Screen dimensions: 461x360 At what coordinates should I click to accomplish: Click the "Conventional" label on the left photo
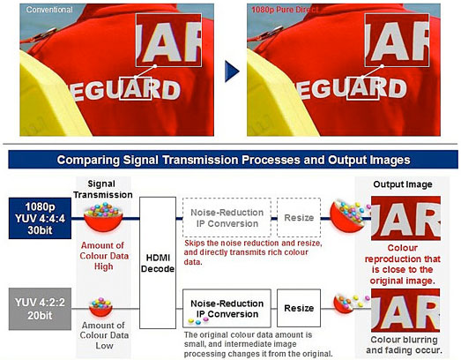[49, 10]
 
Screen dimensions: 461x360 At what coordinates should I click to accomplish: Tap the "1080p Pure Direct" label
[285, 10]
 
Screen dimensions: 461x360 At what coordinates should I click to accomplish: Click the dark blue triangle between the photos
[232, 71]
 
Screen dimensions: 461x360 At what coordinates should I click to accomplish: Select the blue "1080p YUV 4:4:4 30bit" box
[40, 218]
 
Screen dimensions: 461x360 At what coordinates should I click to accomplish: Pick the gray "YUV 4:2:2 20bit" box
[40, 309]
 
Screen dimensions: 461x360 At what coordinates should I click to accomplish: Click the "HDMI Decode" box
[158, 263]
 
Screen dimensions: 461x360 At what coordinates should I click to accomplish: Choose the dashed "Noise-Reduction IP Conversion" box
[227, 218]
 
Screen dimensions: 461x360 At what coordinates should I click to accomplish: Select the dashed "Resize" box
[299, 218]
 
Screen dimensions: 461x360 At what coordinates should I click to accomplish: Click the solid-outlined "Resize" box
[299, 308]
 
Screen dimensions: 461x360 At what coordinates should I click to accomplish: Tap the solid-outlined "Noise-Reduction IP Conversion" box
[227, 308]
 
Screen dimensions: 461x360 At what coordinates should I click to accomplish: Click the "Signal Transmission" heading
[102, 190]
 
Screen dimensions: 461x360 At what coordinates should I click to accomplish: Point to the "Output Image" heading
[403, 184]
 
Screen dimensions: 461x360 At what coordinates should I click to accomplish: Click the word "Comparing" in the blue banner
[88, 160]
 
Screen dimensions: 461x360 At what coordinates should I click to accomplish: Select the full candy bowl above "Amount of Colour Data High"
[103, 217]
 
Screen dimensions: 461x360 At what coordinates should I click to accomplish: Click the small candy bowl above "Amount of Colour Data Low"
[100, 307]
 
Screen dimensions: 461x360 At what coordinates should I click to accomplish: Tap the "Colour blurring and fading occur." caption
[405, 345]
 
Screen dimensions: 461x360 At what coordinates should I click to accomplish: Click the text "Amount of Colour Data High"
[104, 256]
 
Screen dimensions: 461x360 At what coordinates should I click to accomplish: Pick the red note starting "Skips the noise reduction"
[253, 252]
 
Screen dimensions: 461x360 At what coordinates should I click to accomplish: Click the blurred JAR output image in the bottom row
[405, 311]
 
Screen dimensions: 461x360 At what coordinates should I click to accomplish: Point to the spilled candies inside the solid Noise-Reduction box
[197, 321]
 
